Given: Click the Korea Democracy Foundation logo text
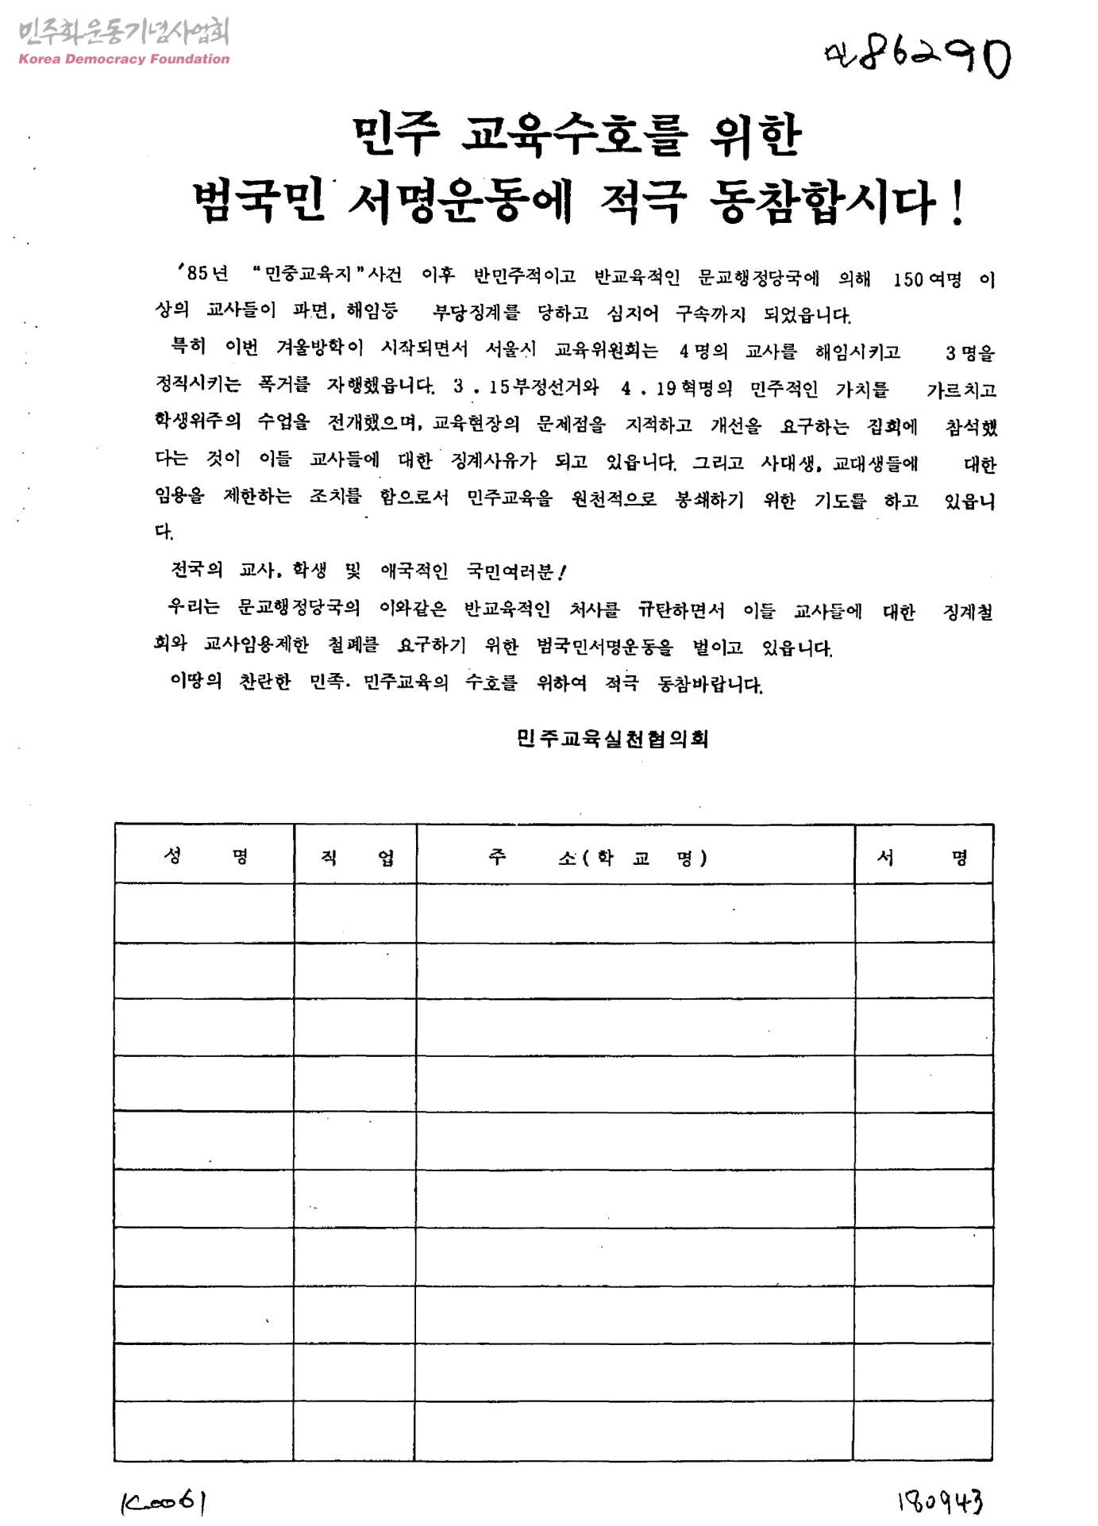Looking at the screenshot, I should tap(124, 59).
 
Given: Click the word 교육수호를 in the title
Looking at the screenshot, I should tap(575, 135).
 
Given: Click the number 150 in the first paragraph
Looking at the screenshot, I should tap(907, 279).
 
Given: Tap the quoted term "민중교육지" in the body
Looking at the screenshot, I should tap(309, 275).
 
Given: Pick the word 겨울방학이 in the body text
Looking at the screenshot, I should tap(319, 348).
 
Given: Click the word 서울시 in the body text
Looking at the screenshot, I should tap(510, 349).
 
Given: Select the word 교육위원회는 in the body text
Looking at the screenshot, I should tap(606, 350).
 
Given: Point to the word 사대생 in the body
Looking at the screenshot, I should tap(788, 463).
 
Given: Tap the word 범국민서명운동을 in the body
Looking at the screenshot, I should tap(604, 647).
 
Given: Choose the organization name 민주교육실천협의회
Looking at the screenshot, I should tap(612, 739).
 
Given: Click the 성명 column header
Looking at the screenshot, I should tap(205, 855).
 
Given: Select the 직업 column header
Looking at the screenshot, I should tap(356, 857).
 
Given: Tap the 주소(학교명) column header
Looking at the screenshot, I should tap(597, 858).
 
